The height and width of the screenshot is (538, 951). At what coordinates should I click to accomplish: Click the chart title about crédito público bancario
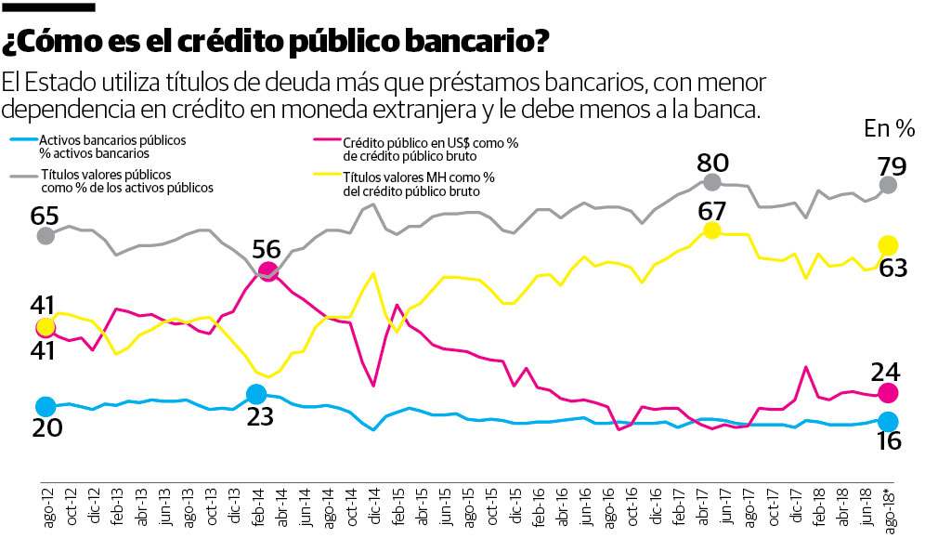(x=275, y=42)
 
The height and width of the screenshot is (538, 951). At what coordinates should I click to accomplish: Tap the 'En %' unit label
(x=889, y=128)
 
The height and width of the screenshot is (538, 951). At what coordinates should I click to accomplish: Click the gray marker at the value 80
(x=712, y=182)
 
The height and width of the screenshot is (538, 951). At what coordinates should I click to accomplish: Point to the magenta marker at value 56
(x=267, y=271)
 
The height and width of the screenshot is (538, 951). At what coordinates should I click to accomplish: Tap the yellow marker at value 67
(x=712, y=230)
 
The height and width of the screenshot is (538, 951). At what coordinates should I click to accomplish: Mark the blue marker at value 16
(x=888, y=420)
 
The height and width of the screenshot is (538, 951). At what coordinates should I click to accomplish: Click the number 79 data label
(x=887, y=166)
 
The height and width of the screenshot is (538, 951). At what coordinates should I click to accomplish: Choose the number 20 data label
(x=46, y=428)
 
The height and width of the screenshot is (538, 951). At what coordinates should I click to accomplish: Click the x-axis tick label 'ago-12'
(x=46, y=506)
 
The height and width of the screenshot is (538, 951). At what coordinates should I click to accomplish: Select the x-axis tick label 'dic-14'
(x=373, y=506)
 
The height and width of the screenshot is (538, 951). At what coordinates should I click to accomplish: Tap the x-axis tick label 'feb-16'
(x=537, y=506)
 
